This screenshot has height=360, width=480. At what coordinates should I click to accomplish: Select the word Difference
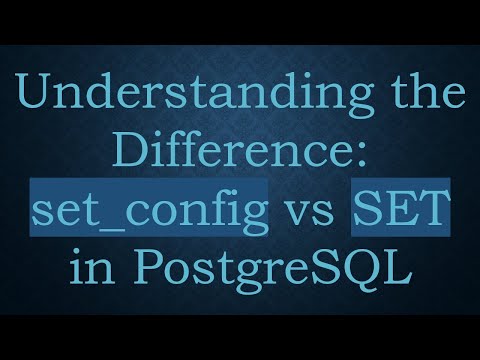tap(232, 156)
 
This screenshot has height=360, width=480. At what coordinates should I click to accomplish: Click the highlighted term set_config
tap(150, 213)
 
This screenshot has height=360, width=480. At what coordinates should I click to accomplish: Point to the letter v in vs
tap(299, 216)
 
